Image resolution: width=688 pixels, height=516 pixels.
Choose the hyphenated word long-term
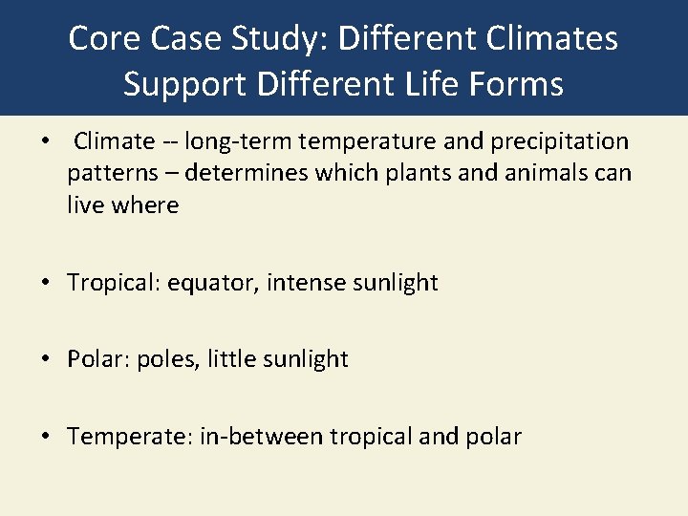238,142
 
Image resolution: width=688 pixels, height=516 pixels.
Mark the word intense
300,283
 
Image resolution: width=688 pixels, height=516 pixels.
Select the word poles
168,359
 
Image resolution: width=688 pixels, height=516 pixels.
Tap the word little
230,359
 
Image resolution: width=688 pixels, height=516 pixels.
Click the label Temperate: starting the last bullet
130,437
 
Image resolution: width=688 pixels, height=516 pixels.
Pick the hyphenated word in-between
261,437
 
